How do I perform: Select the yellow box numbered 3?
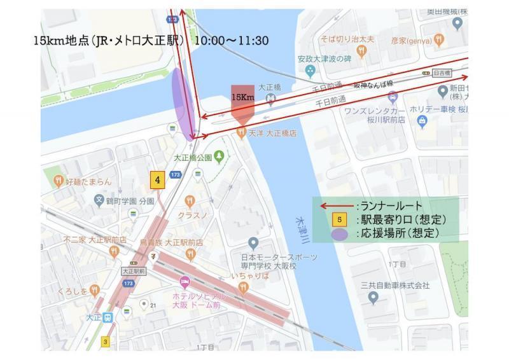[x=106, y=342]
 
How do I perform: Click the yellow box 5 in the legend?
[x=342, y=219]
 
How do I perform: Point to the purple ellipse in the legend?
[x=340, y=234]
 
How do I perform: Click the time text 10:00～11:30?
[x=232, y=41]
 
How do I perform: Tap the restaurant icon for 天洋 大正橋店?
[x=241, y=133]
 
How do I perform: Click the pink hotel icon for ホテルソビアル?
[x=185, y=281]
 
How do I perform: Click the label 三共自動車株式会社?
[x=394, y=285]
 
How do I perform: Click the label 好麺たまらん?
[x=88, y=181]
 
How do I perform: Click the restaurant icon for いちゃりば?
[x=242, y=288]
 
